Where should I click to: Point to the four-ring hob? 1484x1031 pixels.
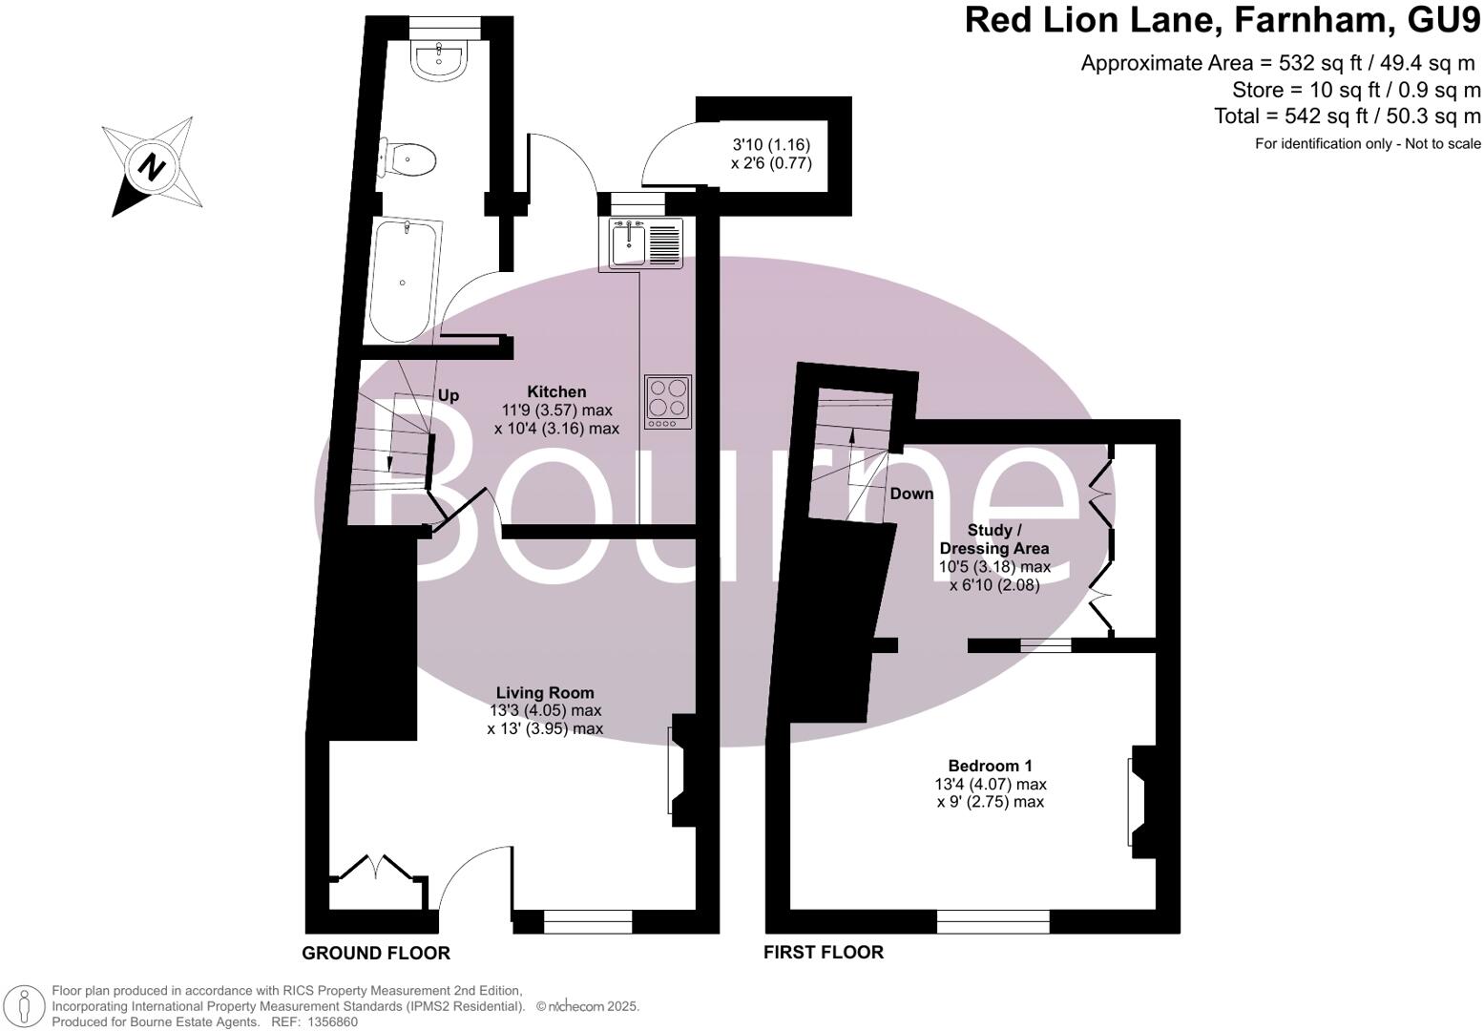(667, 401)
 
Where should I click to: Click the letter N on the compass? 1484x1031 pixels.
(150, 167)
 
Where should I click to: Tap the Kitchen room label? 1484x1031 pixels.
(557, 391)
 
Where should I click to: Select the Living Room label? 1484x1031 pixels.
(545, 693)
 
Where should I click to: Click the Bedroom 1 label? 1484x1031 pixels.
(990, 766)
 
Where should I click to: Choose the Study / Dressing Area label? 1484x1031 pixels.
(994, 539)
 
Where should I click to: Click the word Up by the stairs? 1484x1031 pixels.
(448, 395)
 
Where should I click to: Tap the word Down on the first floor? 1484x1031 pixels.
(911, 494)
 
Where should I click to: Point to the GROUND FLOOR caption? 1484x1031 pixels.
(376, 953)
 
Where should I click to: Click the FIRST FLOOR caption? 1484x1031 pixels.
(824, 952)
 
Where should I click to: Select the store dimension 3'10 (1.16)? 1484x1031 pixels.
(771, 145)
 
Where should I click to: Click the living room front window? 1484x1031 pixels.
(587, 921)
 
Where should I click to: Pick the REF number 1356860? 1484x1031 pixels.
(329, 1021)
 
